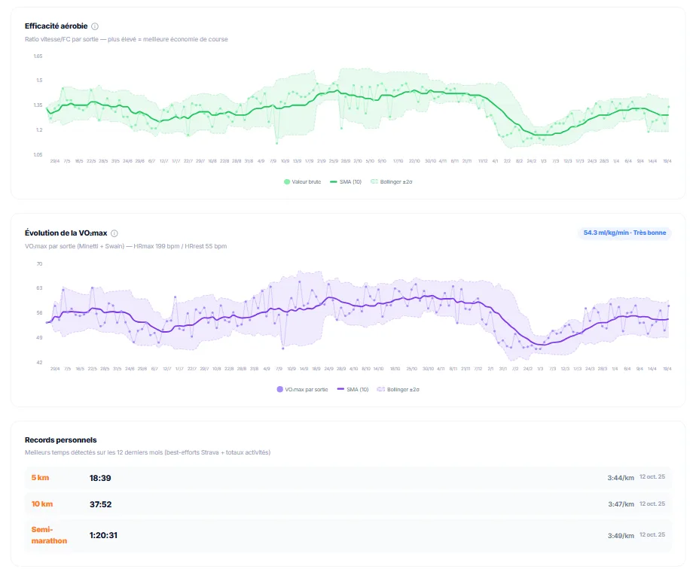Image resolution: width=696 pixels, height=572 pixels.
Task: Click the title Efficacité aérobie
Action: pos(56,26)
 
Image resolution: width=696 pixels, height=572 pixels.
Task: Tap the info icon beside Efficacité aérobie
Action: pos(95,26)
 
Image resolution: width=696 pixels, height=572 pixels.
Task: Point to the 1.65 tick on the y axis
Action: pos(38,56)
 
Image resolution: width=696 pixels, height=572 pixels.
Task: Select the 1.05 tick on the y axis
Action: pos(38,155)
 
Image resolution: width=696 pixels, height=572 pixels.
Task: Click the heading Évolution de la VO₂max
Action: pos(66,233)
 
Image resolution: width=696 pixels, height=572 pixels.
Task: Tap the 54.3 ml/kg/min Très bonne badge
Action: pos(624,233)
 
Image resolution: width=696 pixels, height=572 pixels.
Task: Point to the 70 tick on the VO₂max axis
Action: pos(39,263)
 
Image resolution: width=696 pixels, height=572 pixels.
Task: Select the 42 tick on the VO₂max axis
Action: pos(39,363)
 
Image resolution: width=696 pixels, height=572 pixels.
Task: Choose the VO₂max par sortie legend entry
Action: pos(303,389)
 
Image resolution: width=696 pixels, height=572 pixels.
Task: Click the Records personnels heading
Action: pos(60,440)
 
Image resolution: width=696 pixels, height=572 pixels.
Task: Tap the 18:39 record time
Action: pos(101,477)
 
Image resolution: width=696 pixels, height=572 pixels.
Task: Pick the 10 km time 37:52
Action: pos(101,504)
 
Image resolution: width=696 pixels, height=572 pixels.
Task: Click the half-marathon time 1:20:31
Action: pos(104,535)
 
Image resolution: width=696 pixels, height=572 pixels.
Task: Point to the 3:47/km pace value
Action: pos(621,504)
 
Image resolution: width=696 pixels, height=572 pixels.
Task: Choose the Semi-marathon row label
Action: pos(49,535)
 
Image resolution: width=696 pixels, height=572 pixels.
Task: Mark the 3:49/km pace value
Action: pos(621,535)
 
